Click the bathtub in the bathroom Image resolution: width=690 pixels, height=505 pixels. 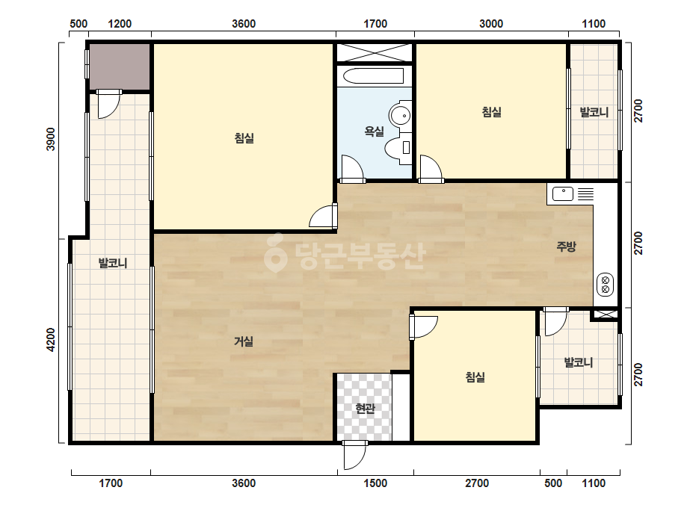click(373, 76)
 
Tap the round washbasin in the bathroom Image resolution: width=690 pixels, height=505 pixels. click(400, 116)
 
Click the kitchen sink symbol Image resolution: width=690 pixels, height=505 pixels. click(562, 193)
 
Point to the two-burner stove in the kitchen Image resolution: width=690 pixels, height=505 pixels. click(605, 284)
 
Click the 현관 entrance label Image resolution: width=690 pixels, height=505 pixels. click(366, 409)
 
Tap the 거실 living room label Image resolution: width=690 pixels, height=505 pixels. click(244, 341)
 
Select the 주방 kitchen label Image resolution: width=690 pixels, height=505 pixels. click(566, 247)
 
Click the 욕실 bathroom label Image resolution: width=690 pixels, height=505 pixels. click(374, 131)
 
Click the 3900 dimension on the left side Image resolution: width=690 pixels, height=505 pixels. click(52, 139)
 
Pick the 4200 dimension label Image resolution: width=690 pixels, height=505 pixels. click(52, 340)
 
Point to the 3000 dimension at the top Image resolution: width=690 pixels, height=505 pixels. click(491, 24)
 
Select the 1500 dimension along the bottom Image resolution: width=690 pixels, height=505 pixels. click(375, 483)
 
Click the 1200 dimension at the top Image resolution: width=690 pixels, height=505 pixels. click(120, 24)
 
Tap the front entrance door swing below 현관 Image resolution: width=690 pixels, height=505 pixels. click(354, 455)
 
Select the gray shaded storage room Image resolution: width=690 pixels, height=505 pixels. click(120, 66)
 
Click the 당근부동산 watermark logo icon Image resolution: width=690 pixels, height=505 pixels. click(275, 252)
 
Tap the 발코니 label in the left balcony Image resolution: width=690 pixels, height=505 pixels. click(113, 264)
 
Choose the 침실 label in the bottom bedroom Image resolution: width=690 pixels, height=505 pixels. click(475, 377)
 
